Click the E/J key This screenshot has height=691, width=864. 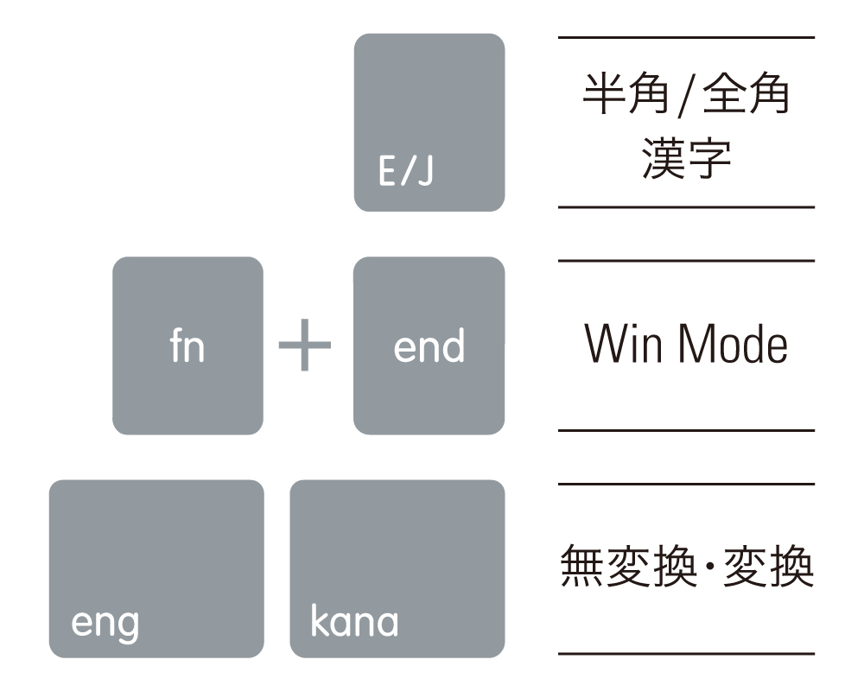(429, 123)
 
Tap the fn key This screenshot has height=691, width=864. (187, 345)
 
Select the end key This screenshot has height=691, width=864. (429, 345)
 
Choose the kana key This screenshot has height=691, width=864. (397, 568)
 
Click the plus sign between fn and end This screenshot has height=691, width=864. (305, 345)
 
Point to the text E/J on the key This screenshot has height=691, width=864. (406, 171)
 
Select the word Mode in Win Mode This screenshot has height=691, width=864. (733, 344)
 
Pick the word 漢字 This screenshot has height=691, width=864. (687, 159)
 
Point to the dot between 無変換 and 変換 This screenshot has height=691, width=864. (710, 566)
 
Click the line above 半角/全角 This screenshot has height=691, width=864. (687, 37)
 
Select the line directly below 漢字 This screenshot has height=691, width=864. (687, 207)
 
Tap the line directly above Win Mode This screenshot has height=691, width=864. (687, 261)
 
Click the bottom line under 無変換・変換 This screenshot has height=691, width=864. (687, 654)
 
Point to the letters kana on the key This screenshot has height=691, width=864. (354, 620)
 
